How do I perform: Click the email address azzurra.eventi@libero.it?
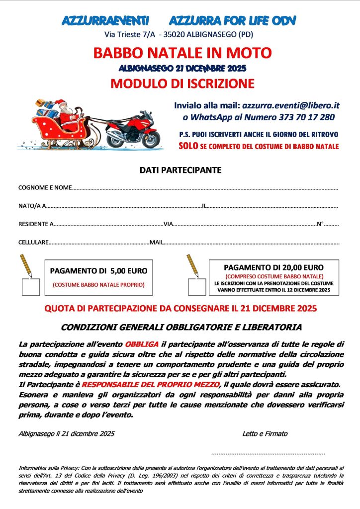(290, 105)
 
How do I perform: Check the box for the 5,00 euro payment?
(32, 287)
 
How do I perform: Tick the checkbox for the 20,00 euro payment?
(196, 287)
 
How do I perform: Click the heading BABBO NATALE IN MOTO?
(182, 52)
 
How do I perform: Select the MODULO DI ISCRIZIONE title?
(182, 83)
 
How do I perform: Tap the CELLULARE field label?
(33, 243)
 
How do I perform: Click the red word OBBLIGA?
(142, 344)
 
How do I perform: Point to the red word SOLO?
(187, 146)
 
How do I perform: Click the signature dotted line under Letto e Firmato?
(268, 453)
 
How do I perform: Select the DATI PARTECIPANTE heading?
(180, 170)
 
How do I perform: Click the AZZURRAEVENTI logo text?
(105, 20)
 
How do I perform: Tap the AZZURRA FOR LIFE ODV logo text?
(233, 20)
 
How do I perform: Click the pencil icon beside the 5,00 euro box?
(26, 266)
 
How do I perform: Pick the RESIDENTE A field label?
(36, 224)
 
